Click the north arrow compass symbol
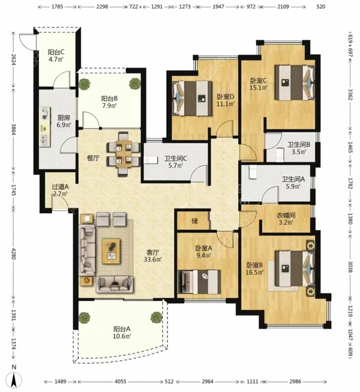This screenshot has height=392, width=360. point(14,379)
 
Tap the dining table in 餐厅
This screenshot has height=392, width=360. point(124,154)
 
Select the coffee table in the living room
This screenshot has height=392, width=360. point(111,251)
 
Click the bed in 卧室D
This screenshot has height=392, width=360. point(191,98)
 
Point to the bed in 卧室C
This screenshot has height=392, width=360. point(295,83)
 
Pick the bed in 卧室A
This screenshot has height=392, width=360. point(199,282)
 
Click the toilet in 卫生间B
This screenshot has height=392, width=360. point(279,155)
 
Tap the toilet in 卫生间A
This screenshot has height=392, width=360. point(253,172)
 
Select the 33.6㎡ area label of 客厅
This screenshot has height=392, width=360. point(153,260)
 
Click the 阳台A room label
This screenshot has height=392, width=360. point(122,329)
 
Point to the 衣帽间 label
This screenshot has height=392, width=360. point(286,215)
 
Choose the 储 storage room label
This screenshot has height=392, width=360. point(194,221)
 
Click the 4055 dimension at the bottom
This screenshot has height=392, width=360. point(121,381)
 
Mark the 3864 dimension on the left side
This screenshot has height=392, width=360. point(14,129)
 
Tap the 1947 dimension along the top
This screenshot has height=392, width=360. point(218,7)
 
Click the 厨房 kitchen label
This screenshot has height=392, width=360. point(64,117)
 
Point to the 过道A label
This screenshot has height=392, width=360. point(60,186)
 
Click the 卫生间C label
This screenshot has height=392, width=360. point(176,158)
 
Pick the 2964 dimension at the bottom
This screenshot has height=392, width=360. point(208,381)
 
